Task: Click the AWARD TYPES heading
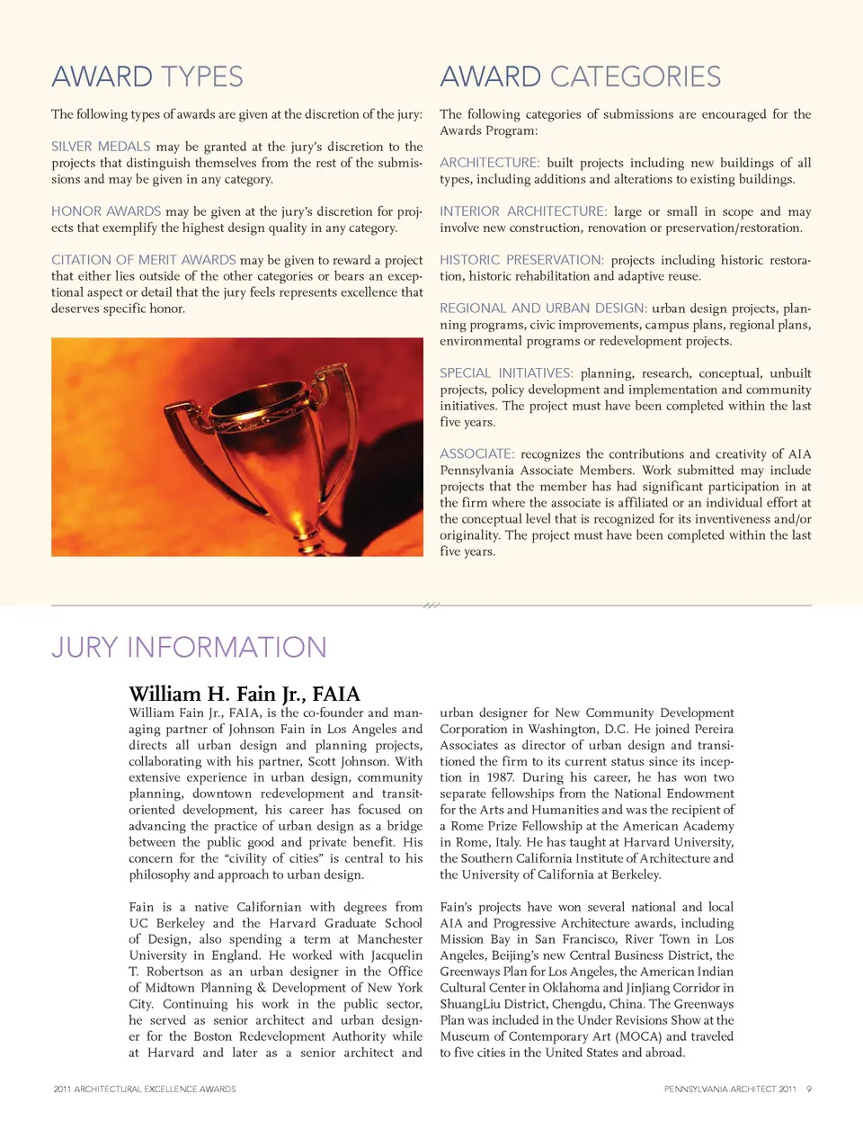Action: pos(147,76)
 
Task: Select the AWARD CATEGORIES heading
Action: pos(580,76)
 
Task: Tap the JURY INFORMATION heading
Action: pos(189,647)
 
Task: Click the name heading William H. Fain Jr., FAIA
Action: pos(244,694)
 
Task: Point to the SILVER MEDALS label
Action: pos(101,147)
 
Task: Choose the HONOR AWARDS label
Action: pos(106,211)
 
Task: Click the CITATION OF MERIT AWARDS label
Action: pos(144,260)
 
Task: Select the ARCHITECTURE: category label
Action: pos(490,163)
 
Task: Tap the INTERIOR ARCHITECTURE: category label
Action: pos(523,211)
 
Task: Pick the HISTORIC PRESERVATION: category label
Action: pos(521,260)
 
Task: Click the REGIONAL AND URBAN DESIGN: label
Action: pos(543,309)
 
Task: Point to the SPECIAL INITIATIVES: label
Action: pos(506,373)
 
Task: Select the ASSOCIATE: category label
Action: pos(477,454)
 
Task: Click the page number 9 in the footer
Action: pos(808,1090)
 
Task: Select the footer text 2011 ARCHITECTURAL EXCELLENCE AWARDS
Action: pos(145,1090)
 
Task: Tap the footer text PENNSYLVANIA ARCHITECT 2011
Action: pos(730,1090)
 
